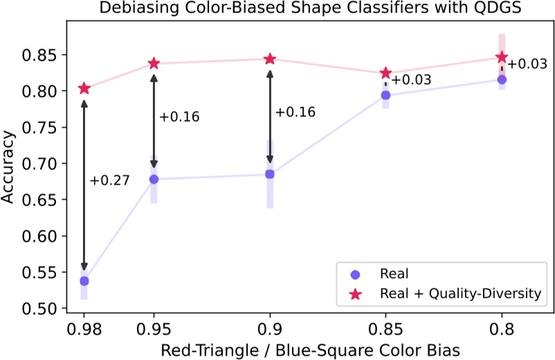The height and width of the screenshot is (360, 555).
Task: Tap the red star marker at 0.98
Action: click(84, 88)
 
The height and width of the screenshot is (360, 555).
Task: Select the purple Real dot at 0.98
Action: click(84, 281)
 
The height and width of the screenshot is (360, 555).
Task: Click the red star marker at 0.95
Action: click(154, 64)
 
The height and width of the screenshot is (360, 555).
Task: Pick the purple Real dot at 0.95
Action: click(154, 179)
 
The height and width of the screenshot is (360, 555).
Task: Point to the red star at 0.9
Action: click(270, 59)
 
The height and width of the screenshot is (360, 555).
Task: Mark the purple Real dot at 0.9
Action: click(270, 174)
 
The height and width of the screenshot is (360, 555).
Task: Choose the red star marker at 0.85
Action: click(386, 73)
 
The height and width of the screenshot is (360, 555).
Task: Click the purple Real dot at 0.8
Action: click(502, 80)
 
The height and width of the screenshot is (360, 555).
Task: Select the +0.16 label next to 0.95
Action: click(179, 117)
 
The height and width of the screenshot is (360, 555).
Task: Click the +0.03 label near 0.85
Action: click(411, 80)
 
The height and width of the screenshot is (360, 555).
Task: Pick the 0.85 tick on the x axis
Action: click(386, 324)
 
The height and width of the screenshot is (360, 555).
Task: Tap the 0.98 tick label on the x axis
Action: click(84, 324)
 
